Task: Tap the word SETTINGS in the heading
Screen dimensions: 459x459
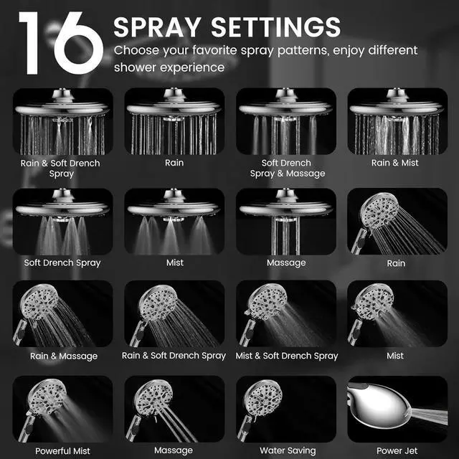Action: (x=280, y=27)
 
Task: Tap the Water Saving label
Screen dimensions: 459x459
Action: (x=286, y=451)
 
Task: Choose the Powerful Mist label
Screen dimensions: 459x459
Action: (x=62, y=451)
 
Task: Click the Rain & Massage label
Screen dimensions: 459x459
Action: (x=64, y=356)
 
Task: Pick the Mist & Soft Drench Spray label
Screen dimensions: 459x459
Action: (x=286, y=356)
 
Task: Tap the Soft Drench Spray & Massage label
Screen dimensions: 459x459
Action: (x=286, y=168)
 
